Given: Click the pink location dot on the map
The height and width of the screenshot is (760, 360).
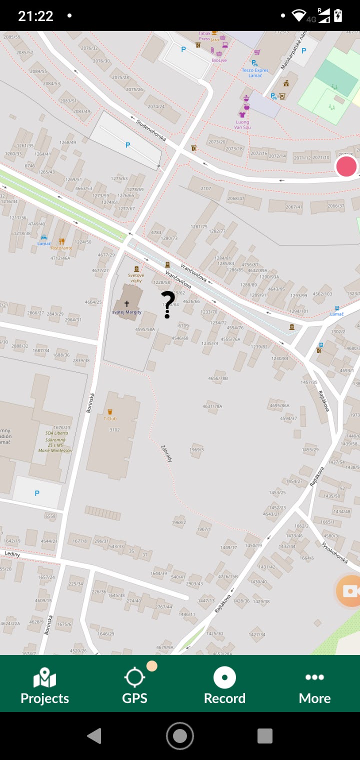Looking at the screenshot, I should click(x=346, y=166).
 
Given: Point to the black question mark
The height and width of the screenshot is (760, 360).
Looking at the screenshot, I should click(x=168, y=304).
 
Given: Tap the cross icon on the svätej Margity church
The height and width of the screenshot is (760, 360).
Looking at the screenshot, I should click(x=126, y=303).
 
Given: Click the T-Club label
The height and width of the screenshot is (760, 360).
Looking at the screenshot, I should click(x=110, y=418).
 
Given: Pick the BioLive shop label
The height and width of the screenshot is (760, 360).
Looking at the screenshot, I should click(x=219, y=60).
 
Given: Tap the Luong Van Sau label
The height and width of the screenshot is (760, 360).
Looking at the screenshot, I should click(x=242, y=124).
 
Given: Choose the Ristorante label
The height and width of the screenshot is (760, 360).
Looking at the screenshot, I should click(x=61, y=247).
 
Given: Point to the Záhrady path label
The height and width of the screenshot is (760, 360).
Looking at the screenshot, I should click(x=166, y=452).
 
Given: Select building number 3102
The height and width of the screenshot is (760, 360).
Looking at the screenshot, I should click(x=114, y=429).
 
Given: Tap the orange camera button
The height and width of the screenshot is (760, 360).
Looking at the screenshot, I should click(x=349, y=591).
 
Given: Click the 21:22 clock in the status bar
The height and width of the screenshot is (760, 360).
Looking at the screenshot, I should click(x=35, y=16).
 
